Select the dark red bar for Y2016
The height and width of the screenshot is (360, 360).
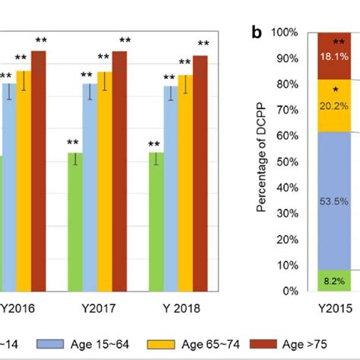pyautogui.click(x=38, y=171)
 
